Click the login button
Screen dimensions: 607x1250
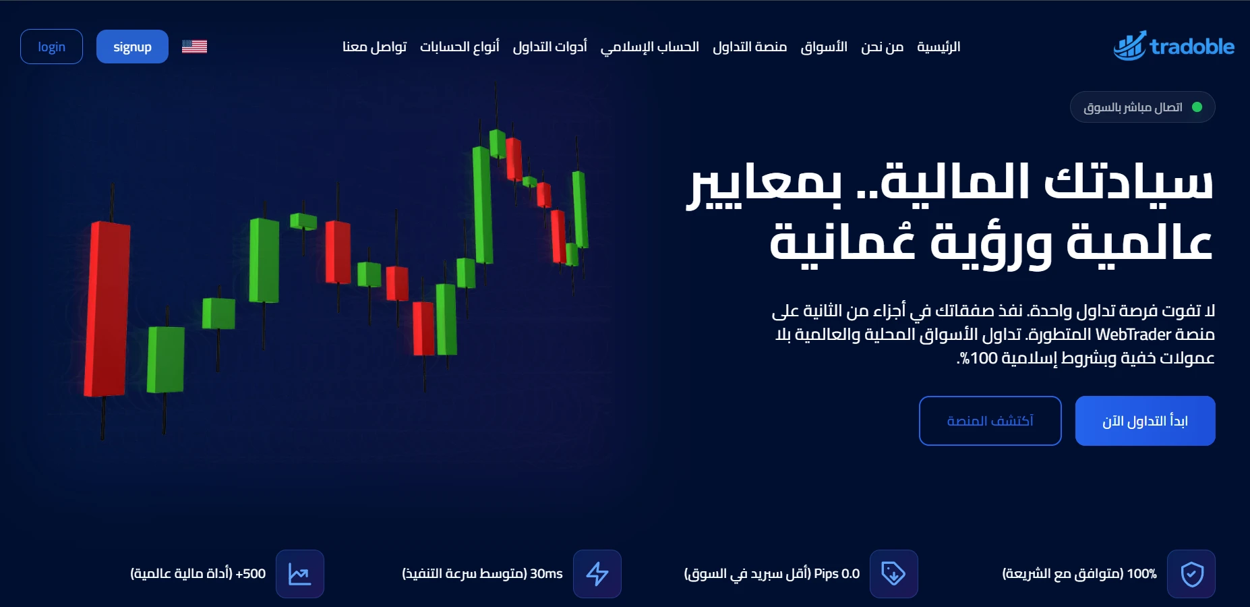coord(51,47)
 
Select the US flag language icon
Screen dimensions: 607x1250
coord(194,47)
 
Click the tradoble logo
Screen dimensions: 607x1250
coord(1173,46)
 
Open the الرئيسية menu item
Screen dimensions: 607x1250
coord(938,47)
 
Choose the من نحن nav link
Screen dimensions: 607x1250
coord(882,47)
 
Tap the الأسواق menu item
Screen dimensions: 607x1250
coord(823,47)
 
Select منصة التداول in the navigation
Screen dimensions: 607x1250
coord(750,47)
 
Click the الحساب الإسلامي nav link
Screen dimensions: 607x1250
coord(649,47)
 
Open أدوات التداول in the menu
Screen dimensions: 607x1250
coord(549,47)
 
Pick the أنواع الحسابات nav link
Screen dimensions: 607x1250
coord(459,47)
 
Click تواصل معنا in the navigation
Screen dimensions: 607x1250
coord(374,47)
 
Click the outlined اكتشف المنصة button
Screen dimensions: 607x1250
coord(990,421)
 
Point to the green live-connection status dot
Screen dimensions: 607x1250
coord(1197,107)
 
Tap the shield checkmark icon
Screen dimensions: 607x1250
coord(1191,574)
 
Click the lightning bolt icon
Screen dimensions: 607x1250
coord(597,574)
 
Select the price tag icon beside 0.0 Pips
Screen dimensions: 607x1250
coord(893,574)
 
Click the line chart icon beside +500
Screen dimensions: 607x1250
coord(299,574)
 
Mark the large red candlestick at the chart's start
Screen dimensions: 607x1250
coord(107,309)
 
